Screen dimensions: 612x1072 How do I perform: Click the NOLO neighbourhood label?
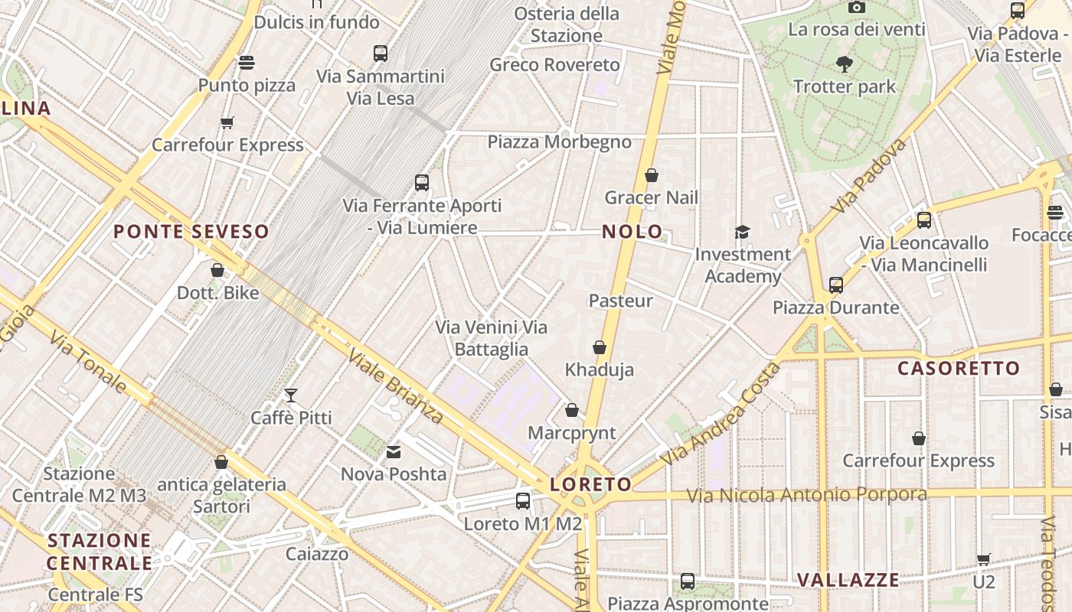(632, 232)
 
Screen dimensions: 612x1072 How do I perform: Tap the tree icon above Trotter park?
(845, 63)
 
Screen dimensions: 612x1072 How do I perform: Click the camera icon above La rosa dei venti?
(857, 8)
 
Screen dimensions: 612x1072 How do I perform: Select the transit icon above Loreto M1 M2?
(523, 501)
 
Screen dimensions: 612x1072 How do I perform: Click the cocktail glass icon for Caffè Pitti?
(291, 396)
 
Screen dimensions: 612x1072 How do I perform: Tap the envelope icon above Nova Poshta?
(394, 452)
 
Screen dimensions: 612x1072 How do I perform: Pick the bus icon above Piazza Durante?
(836, 285)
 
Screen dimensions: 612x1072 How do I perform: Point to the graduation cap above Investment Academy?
(742, 232)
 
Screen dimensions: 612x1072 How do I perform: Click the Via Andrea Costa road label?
(721, 414)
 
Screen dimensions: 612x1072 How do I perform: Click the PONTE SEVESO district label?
(191, 232)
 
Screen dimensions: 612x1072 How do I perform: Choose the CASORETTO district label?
(959, 369)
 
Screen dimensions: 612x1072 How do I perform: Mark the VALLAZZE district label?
(848, 580)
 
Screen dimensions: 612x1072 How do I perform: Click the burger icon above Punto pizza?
(247, 62)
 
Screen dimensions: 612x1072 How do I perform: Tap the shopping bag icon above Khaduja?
(600, 348)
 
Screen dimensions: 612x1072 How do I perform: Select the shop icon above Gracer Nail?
(652, 176)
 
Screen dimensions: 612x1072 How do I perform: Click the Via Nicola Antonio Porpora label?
(806, 495)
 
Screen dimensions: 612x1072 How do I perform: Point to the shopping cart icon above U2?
(984, 559)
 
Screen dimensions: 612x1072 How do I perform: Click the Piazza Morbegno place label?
(560, 142)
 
